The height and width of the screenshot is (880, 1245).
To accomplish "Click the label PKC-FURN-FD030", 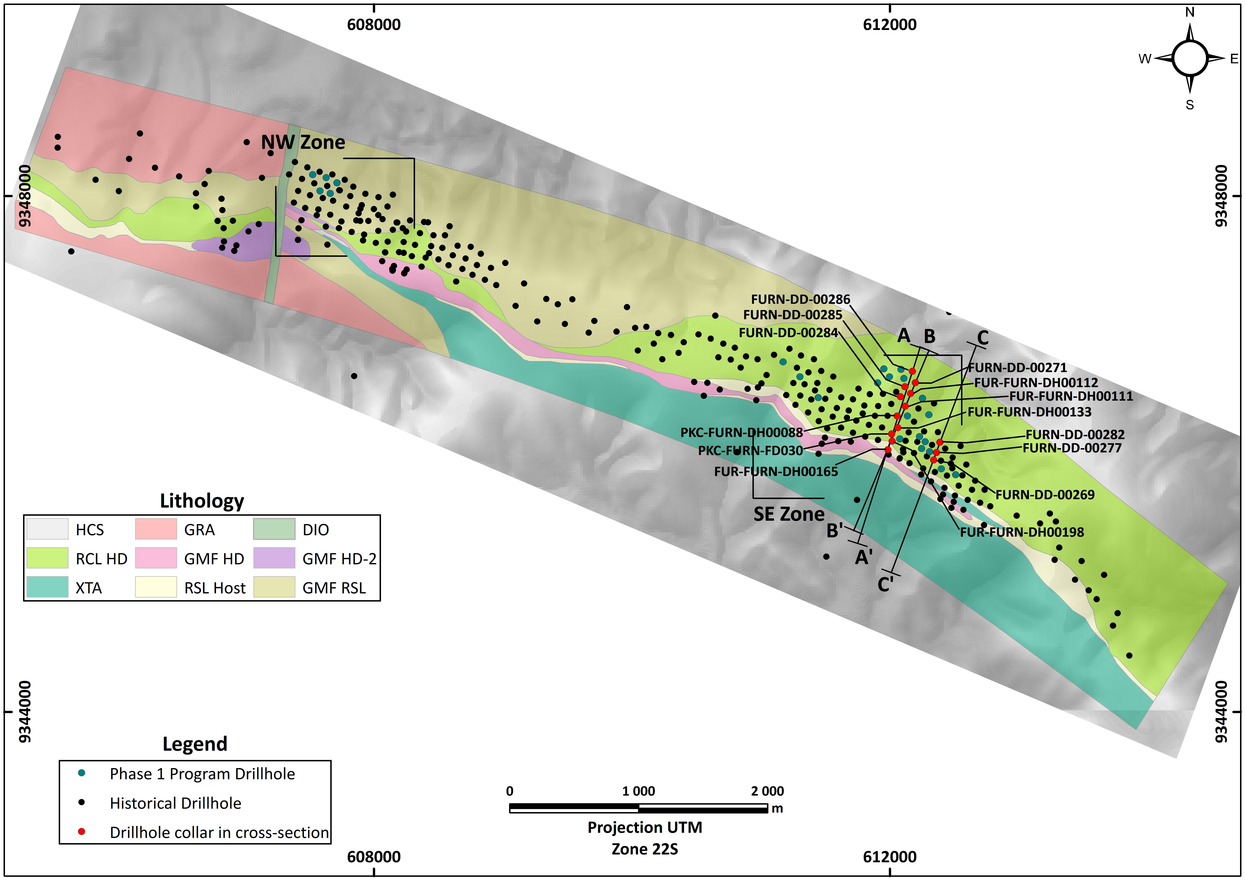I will coord(750,451).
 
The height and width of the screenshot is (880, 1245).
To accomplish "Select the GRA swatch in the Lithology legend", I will coord(156,529).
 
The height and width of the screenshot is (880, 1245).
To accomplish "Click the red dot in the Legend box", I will coord(81,831).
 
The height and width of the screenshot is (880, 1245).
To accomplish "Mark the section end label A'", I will coord(863,557).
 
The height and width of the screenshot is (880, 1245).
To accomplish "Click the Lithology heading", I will coord(202,500).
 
